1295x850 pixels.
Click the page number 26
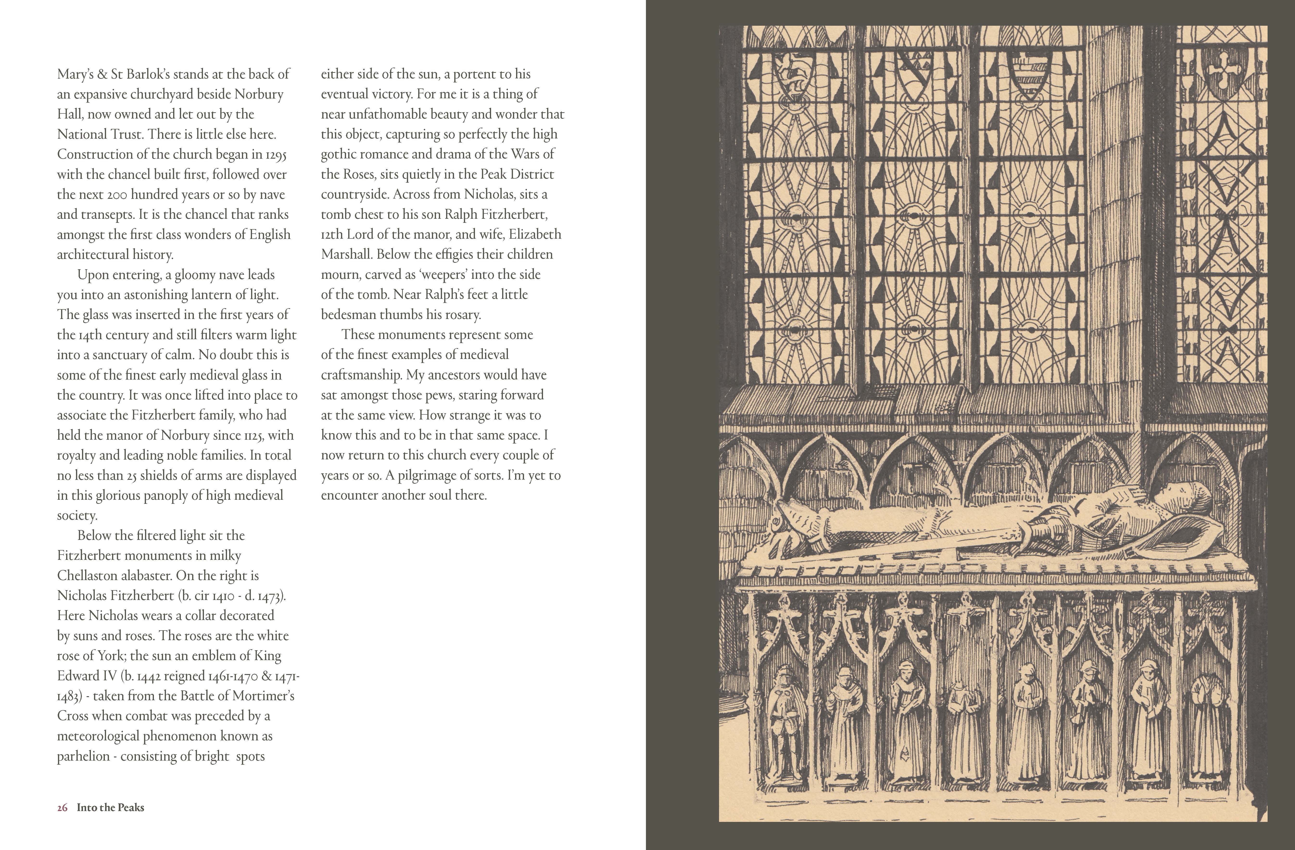pyautogui.click(x=62, y=808)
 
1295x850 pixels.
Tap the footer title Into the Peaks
pyautogui.click(x=110, y=808)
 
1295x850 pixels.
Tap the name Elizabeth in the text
pyautogui.click(x=535, y=234)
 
